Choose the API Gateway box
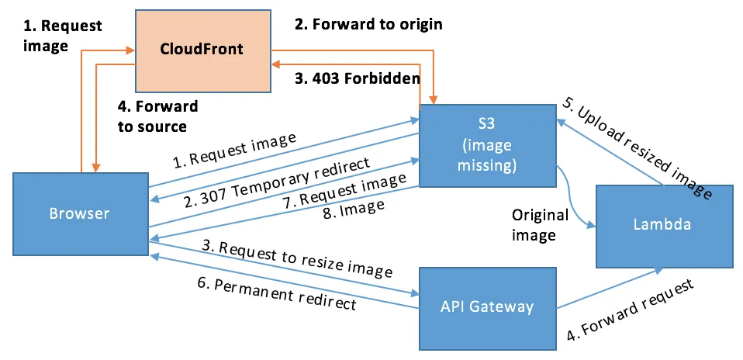click(488, 306)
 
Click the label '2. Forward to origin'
click(368, 24)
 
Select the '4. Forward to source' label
click(157, 116)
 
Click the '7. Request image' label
click(345, 190)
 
